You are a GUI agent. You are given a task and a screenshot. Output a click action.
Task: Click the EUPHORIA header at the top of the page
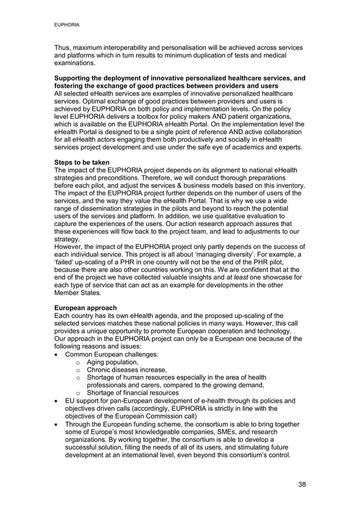[66, 25]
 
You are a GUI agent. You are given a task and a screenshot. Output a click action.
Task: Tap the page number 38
[302, 485]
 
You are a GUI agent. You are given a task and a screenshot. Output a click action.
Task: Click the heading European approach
[83, 308]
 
